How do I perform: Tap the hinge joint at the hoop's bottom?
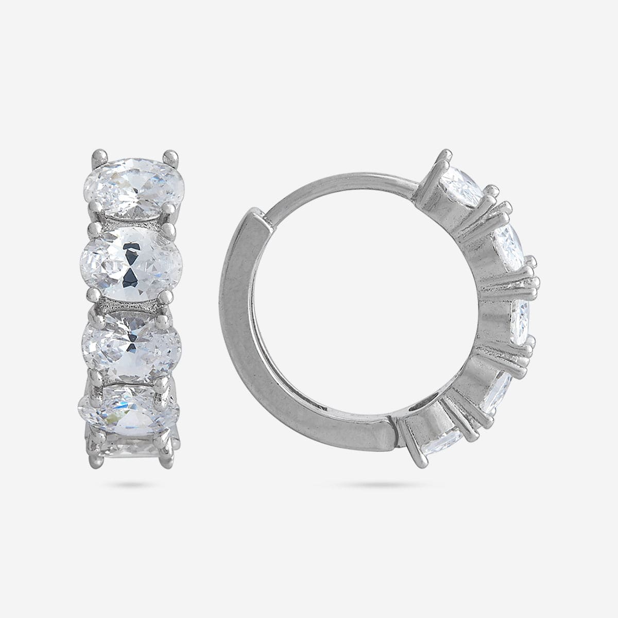[x=397, y=427]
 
